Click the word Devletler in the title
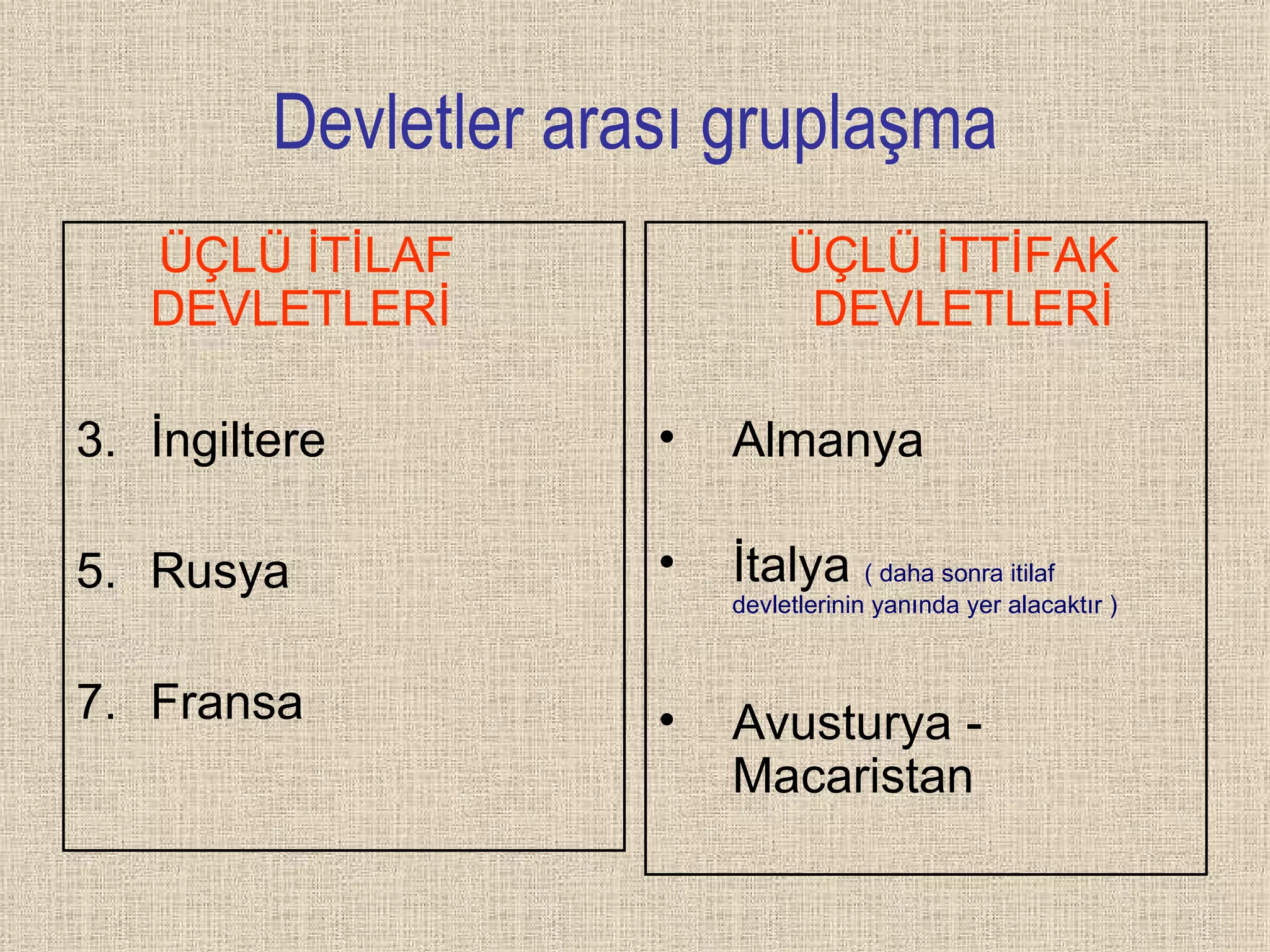[x=396, y=123]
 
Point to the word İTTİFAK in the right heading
[x=1028, y=255]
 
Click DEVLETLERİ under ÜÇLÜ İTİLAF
[x=301, y=307]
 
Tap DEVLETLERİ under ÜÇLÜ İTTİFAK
[x=962, y=307]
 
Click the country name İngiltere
[x=238, y=439]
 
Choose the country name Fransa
[x=227, y=702]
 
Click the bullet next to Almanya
[x=667, y=438]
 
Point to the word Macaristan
[x=853, y=776]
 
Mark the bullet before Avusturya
[x=667, y=720]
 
